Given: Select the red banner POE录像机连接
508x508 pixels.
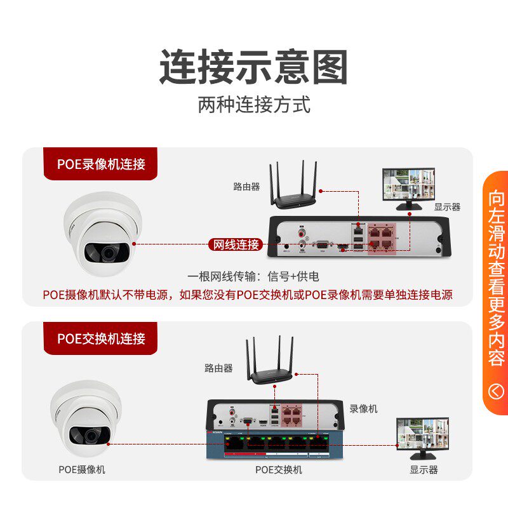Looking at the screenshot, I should [x=101, y=164].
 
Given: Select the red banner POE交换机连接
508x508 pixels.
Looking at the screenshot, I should [x=101, y=338].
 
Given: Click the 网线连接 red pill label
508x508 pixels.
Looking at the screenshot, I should [x=235, y=244].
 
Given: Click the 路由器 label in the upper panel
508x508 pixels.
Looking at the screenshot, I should [x=246, y=187].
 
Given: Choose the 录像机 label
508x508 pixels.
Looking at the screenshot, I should [x=363, y=409].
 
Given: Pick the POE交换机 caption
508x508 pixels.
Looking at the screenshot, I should [x=279, y=469].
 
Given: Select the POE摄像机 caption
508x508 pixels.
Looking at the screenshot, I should [x=83, y=469].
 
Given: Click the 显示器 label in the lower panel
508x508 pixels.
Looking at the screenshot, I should [x=424, y=469].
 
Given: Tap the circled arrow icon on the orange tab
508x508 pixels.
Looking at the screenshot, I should [x=496, y=391].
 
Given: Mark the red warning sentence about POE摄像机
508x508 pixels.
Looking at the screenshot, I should [x=248, y=295].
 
